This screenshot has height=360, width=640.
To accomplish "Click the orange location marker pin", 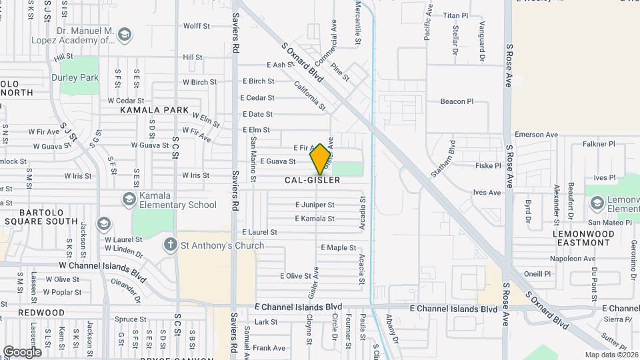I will (321, 158).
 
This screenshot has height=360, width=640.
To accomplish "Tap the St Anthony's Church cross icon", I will (171, 245).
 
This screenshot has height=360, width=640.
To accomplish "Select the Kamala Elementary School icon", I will (129, 199).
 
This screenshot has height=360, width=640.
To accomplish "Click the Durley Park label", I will (75, 77).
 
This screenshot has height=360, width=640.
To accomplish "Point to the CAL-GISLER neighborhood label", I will (312, 180).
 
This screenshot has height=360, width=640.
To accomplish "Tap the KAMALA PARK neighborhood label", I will (154, 109).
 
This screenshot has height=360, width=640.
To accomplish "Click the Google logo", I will (22, 351).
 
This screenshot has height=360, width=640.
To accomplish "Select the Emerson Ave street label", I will (536, 134).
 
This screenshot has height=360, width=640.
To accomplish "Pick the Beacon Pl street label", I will (457, 102).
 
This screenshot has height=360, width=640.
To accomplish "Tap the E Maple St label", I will (339, 247).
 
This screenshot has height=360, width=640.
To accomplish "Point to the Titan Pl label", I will (457, 15).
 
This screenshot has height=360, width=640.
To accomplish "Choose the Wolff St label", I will (197, 26).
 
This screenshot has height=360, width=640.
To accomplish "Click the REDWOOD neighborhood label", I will (41, 312).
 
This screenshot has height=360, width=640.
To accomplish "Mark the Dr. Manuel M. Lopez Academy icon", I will (125, 35).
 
